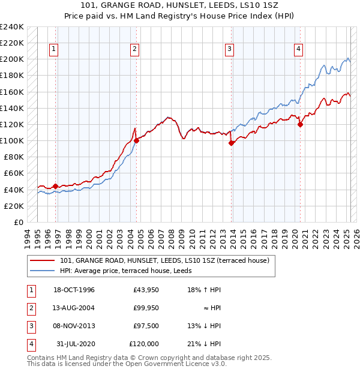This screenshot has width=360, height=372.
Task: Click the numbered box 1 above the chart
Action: click(x=54, y=49)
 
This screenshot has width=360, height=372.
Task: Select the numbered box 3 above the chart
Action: click(x=230, y=49)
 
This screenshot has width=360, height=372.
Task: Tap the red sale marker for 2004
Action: click(x=136, y=141)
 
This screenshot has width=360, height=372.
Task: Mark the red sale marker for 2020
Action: click(x=301, y=124)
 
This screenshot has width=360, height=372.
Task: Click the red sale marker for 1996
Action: click(x=56, y=186)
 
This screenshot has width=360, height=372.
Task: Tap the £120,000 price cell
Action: click(x=144, y=344)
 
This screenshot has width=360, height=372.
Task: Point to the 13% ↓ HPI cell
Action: click(x=205, y=326)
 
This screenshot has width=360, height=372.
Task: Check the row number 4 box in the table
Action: click(x=31, y=344)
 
